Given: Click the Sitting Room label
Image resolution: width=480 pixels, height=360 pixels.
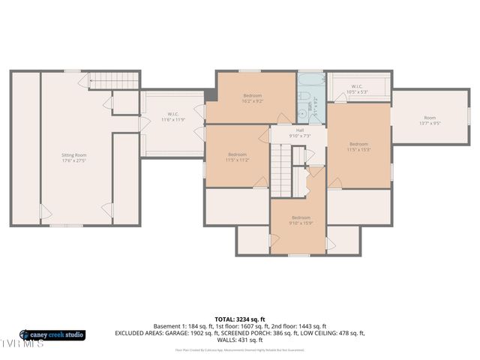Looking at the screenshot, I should pos(74,157).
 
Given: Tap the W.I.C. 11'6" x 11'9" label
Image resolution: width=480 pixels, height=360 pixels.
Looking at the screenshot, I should pos(172,116).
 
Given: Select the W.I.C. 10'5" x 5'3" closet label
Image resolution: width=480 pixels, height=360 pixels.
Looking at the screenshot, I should pos(357,88).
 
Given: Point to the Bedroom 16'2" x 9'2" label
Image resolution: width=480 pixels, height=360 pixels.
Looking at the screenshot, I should pos(253,98).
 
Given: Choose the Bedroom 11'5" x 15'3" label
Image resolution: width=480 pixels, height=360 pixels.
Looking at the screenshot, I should pos(358,146).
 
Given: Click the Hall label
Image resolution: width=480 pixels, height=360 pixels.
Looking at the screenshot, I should pos(299,133).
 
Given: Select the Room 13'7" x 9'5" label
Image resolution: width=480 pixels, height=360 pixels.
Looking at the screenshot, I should pos(429,120).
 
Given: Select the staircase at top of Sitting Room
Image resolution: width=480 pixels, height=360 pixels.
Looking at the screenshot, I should pos(115,80).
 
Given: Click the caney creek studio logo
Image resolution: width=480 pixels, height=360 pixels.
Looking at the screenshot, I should pos(52,334).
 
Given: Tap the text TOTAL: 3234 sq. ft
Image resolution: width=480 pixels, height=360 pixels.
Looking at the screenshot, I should pos(240,319).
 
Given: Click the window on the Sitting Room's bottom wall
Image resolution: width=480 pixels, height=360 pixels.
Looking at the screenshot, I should pos(61,225).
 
